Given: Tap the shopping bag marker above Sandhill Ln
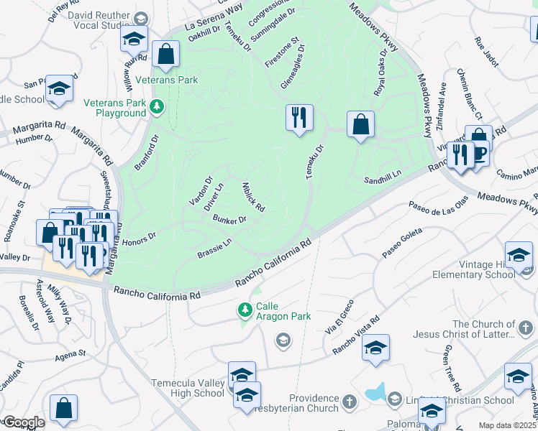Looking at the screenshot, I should tap(360, 124).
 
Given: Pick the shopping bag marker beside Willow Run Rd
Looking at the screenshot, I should tap(165, 55).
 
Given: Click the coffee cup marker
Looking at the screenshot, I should tap(480, 152).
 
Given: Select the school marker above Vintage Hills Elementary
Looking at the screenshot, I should tap(519, 255).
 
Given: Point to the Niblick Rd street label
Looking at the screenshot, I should tap(253, 196).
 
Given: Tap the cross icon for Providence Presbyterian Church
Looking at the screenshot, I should tap(349, 402).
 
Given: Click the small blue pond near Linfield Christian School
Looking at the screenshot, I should tap(375, 392).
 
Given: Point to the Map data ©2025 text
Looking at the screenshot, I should tap(507, 425).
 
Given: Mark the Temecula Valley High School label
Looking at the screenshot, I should tap(188, 388).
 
